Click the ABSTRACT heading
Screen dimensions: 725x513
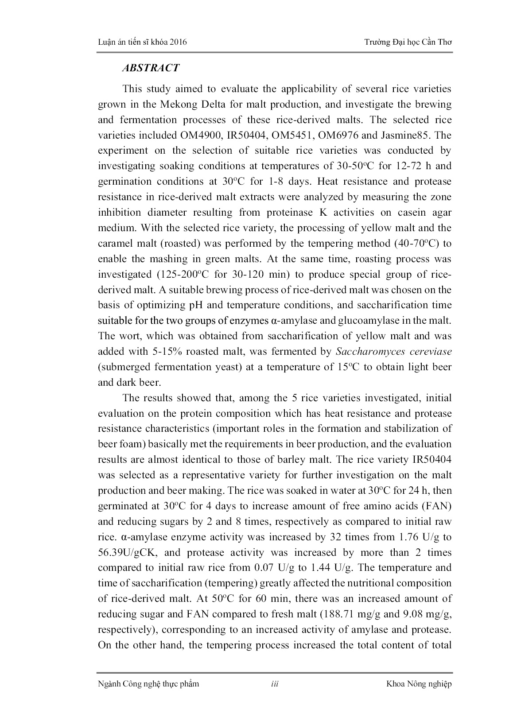[x=150, y=68]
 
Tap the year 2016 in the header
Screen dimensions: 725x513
[x=178, y=42]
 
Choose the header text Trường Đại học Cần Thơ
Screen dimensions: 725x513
[x=408, y=42]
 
